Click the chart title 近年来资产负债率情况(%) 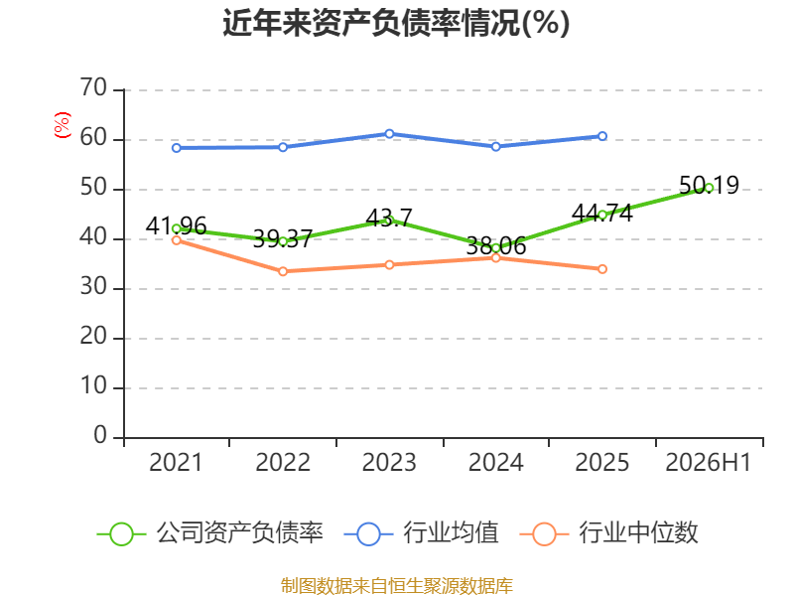[396, 23]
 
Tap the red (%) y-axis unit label [63, 125]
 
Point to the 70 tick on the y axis [93, 88]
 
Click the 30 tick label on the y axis [93, 287]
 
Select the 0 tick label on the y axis [100, 435]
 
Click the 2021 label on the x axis [176, 462]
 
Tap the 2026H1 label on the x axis [708, 462]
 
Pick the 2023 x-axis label [389, 462]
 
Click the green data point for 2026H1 [709, 188]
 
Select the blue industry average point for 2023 [389, 134]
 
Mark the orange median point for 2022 [283, 271]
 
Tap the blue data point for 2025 [602, 136]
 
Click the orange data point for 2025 [602, 269]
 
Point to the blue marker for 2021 [177, 148]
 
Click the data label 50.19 [709, 185]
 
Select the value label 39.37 [283, 238]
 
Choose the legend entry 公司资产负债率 [209, 533]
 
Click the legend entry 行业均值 [421, 533]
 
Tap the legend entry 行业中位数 [608, 533]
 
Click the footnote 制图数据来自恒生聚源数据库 [397, 586]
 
